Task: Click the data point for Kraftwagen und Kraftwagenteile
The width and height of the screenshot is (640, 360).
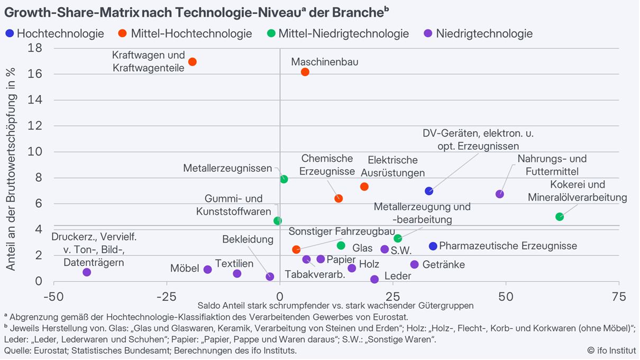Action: click(193, 62)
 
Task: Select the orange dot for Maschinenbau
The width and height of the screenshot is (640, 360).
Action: click(305, 72)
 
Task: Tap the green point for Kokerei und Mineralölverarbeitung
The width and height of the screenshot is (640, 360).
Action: click(560, 217)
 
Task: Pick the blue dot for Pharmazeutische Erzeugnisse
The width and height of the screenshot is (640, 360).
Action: click(433, 246)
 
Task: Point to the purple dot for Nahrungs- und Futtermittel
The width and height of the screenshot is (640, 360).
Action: click(500, 194)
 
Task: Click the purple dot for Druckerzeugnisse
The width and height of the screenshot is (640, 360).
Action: click(87, 272)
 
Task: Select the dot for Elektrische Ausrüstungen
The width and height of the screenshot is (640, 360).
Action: click(364, 187)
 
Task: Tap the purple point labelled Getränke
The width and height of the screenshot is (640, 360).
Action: click(414, 264)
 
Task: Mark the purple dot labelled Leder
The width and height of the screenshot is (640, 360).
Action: click(374, 279)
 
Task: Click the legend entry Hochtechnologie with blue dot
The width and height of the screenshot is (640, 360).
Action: click(55, 34)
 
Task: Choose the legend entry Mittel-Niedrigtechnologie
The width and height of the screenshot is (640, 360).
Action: click(339, 34)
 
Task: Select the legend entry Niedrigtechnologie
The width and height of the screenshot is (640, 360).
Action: click(479, 34)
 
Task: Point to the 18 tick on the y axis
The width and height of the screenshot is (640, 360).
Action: click(35, 48)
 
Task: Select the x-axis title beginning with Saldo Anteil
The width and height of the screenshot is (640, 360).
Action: click(335, 306)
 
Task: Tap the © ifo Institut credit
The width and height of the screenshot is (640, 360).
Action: click(611, 350)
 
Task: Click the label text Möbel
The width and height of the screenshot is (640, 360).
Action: click(185, 269)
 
